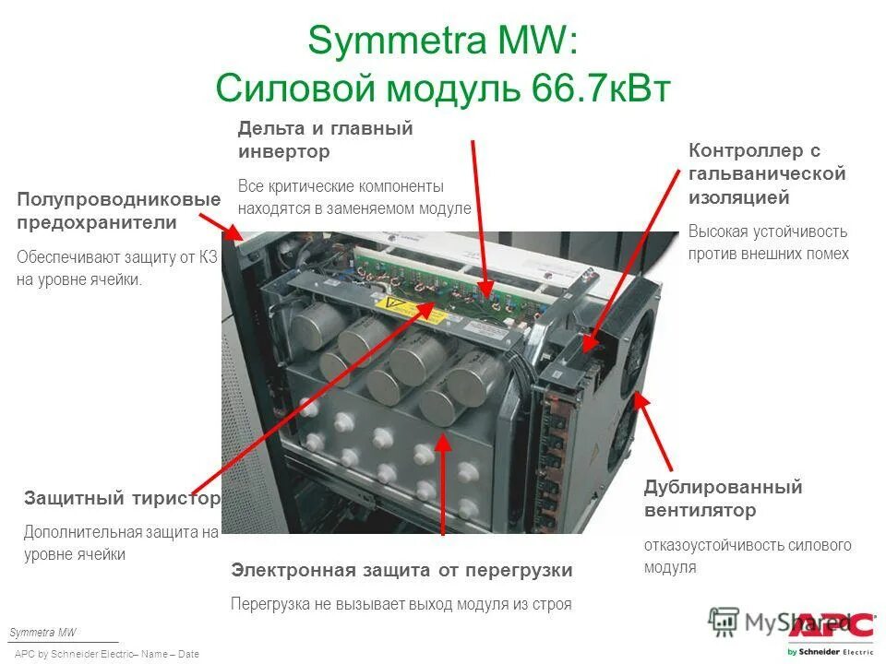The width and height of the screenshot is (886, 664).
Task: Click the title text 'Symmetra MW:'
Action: pos(442,41)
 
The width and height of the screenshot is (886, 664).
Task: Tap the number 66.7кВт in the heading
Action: pos(600,89)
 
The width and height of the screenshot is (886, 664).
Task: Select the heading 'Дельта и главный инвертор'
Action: pos(325,139)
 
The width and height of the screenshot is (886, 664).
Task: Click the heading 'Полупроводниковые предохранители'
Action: pos(119,211)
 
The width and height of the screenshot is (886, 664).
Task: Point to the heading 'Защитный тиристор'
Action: pos(122,499)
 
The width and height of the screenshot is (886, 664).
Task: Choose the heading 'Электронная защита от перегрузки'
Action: pos(401,571)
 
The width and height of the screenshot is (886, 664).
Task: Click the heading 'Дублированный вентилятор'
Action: pos(723,499)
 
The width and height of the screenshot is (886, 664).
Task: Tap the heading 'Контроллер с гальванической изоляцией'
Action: pos(767,173)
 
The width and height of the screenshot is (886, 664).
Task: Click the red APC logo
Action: pos(830,624)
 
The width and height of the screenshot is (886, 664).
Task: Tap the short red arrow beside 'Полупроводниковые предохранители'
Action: pos(219,227)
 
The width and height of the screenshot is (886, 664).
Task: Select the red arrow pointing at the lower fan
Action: pos(654,433)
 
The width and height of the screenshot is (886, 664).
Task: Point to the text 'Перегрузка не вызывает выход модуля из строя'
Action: pos(401,605)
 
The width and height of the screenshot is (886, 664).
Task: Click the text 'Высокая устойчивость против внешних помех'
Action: pos(768,243)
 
